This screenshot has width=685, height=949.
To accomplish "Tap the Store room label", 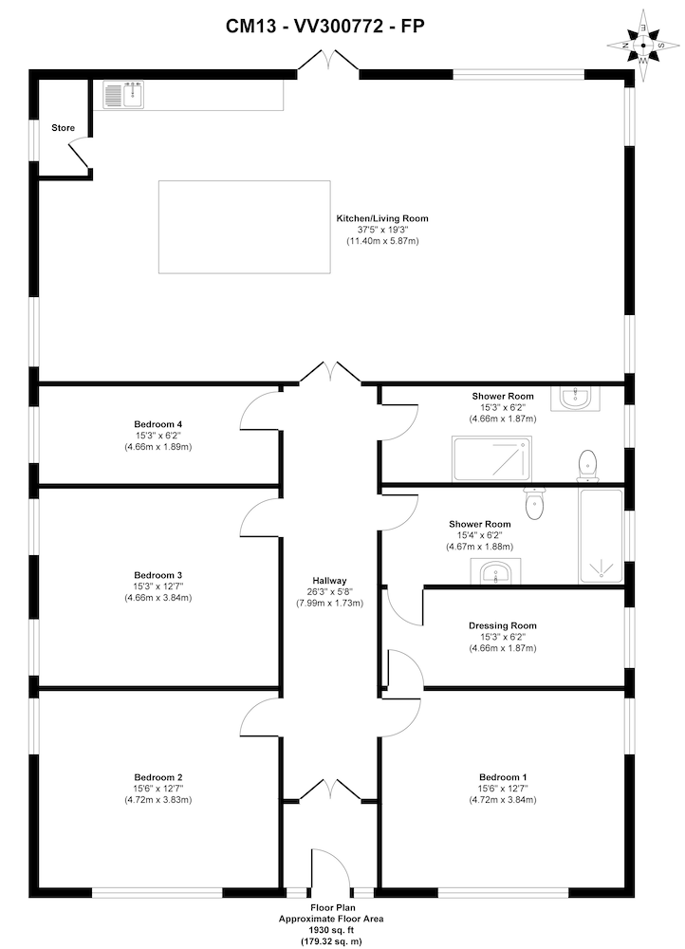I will (x=63, y=127).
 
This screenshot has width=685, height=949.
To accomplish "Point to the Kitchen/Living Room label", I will (x=382, y=218).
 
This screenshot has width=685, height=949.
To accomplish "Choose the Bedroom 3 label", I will (x=157, y=575).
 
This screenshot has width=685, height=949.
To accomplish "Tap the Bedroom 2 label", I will (x=157, y=776).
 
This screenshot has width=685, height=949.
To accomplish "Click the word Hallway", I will (x=330, y=581).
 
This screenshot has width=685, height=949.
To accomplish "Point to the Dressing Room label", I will (x=502, y=625).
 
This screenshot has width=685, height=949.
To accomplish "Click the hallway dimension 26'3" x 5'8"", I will (x=330, y=591).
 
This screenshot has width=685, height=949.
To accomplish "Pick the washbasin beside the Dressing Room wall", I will (x=494, y=572).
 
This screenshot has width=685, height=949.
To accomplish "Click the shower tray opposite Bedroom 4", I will (x=491, y=458).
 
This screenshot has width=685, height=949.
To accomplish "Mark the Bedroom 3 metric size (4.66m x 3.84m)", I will (x=157, y=598).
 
